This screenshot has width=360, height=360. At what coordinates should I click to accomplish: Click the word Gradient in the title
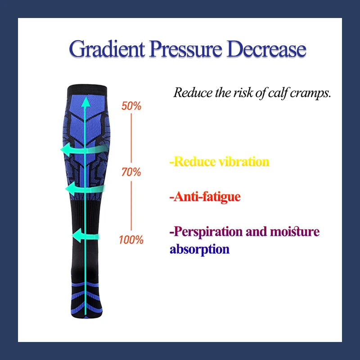pos(107,49)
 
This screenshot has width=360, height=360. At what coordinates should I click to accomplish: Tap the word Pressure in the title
pos(186,49)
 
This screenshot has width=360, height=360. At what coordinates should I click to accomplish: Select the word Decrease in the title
pos(266,49)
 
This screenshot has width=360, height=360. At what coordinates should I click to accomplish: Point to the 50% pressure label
pos(131,106)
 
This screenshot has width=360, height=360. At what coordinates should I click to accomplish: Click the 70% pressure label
pos(131,172)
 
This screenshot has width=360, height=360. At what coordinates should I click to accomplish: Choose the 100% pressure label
pos(131,240)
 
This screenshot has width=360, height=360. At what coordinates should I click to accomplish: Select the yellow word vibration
pos(244,162)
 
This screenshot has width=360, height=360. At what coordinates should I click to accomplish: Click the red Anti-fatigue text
pos(205,197)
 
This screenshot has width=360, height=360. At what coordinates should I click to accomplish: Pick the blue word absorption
pos(199,249)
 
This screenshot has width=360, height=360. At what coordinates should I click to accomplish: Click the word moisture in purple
pos(295,231)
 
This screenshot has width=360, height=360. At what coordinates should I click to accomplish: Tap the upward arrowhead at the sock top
pos(86,102)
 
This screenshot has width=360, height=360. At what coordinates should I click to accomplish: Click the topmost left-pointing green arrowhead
pos(66,150)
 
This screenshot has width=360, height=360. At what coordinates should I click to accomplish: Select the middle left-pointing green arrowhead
pos(71,189)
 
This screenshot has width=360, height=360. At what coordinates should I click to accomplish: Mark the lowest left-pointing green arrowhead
pos(76,235)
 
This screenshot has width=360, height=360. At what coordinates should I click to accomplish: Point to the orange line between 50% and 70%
pos(131,138)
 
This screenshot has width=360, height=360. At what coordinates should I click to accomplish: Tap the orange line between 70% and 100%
pos(131,206)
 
